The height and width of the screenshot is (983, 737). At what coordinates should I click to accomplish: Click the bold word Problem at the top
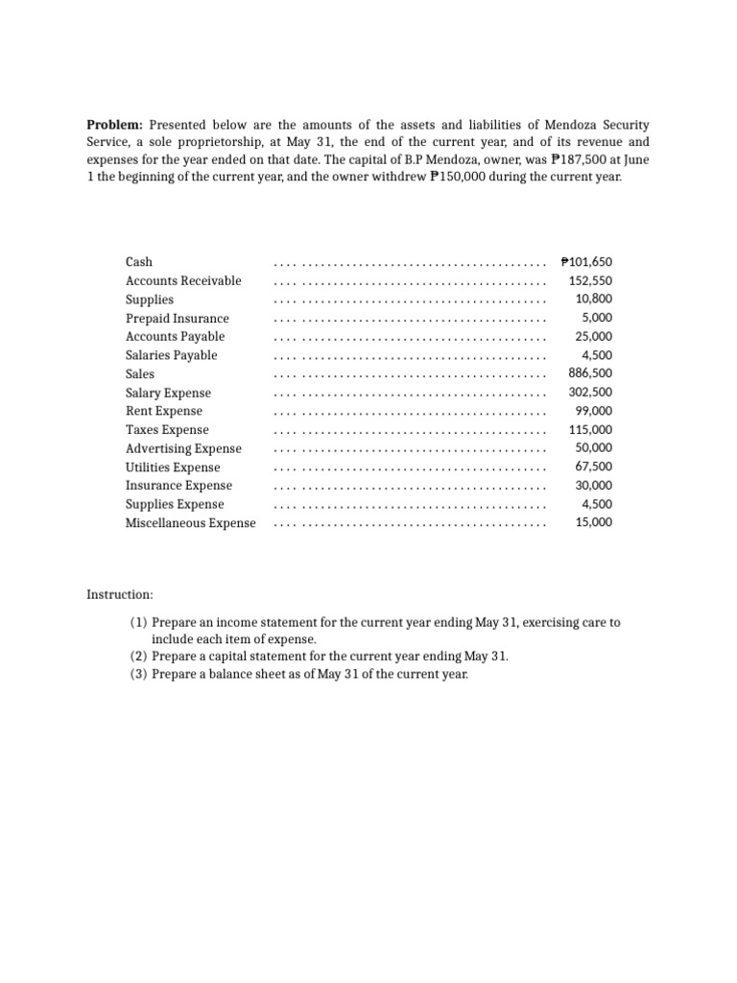pos(114,125)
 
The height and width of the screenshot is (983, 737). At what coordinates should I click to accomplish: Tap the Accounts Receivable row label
pos(183,281)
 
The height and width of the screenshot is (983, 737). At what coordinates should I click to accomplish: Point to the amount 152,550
pos(590,281)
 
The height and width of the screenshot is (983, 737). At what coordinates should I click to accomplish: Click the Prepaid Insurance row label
pos(178,318)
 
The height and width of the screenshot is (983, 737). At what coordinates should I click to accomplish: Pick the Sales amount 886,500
pos(590,373)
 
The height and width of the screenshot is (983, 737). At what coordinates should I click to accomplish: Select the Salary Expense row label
pos(168,393)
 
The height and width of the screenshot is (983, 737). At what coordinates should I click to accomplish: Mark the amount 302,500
pos(590,393)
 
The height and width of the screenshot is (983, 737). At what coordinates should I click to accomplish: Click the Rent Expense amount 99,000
pos(594,411)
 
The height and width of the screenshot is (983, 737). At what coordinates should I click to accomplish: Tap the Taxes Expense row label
pos(167,430)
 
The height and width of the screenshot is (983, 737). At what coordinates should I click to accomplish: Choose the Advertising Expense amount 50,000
pos(594,448)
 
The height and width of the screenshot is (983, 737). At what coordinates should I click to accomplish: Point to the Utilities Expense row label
pos(173,468)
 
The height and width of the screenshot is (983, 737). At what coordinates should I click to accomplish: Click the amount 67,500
pos(594,468)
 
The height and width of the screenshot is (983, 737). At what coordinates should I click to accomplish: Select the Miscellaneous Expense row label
pos(191,523)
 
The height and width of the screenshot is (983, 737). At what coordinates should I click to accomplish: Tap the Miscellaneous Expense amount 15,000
pos(594,523)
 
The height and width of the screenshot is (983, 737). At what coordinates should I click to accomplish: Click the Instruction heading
pos(120,595)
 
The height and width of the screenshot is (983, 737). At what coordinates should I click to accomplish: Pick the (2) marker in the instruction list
pos(138,656)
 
